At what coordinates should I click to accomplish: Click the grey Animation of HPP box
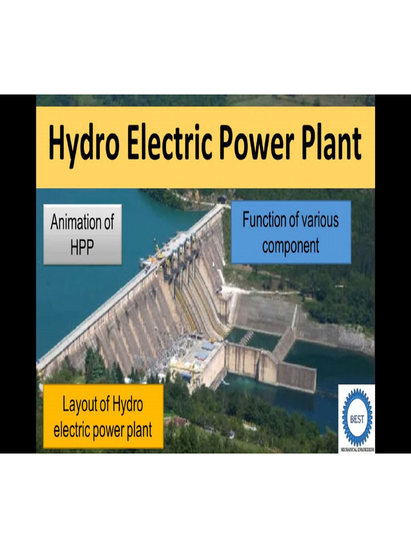tap(82, 234)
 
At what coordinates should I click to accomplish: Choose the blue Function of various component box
tap(291, 232)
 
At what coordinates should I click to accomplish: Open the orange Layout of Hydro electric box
tap(103, 416)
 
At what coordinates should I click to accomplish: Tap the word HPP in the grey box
tap(82, 247)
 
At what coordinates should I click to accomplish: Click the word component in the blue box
tap(291, 246)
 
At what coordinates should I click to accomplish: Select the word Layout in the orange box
tap(81, 405)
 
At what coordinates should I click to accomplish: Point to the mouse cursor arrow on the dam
tap(214, 264)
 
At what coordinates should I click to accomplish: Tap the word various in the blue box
tap(320, 220)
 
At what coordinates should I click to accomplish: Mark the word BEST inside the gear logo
tap(357, 419)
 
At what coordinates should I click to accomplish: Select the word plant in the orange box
tap(135, 429)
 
